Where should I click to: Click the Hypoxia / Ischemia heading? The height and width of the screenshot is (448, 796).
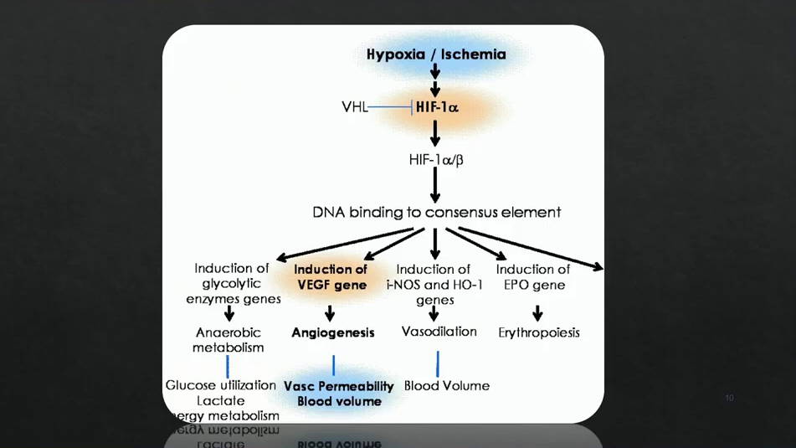click(x=436, y=54)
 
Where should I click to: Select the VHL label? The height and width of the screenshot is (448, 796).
click(x=354, y=107)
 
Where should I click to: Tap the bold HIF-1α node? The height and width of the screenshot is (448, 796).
click(x=437, y=107)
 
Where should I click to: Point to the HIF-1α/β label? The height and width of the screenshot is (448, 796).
click(x=435, y=159)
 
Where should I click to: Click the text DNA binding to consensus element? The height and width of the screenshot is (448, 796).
click(x=436, y=212)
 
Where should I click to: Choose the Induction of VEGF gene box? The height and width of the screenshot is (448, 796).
click(x=331, y=277)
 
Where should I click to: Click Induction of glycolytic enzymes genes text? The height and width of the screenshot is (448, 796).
click(x=233, y=284)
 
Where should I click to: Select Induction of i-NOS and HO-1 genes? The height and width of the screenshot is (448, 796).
click(x=434, y=284)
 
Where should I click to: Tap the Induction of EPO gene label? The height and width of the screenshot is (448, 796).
click(x=532, y=277)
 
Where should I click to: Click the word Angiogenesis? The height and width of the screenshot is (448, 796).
click(x=332, y=332)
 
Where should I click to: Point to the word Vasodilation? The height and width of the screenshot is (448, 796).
click(x=439, y=332)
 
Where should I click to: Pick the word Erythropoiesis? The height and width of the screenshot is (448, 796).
click(x=538, y=332)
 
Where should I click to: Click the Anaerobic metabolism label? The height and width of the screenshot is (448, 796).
click(x=228, y=339)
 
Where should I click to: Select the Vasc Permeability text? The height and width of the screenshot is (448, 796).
click(x=338, y=386)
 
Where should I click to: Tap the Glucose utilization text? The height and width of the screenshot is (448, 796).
click(x=220, y=385)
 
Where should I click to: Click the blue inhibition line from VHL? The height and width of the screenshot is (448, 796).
click(x=390, y=107)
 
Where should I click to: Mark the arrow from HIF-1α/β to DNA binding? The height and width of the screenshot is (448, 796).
click(x=435, y=184)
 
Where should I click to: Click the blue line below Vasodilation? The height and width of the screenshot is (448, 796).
click(x=437, y=363)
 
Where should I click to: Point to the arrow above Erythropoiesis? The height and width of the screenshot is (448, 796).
click(x=537, y=312)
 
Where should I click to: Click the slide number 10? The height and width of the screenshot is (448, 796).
click(x=729, y=398)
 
